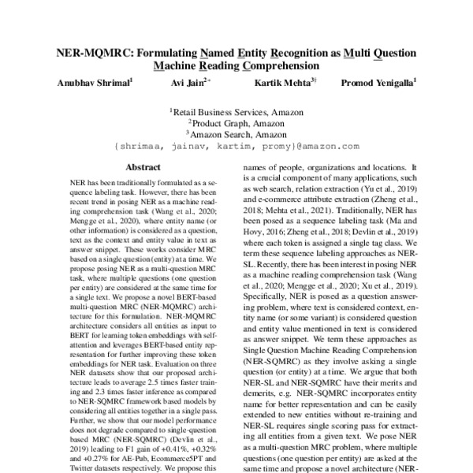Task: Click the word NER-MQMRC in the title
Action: point(93,53)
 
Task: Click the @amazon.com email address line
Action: point(236,146)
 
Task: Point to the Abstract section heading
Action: point(143,167)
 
